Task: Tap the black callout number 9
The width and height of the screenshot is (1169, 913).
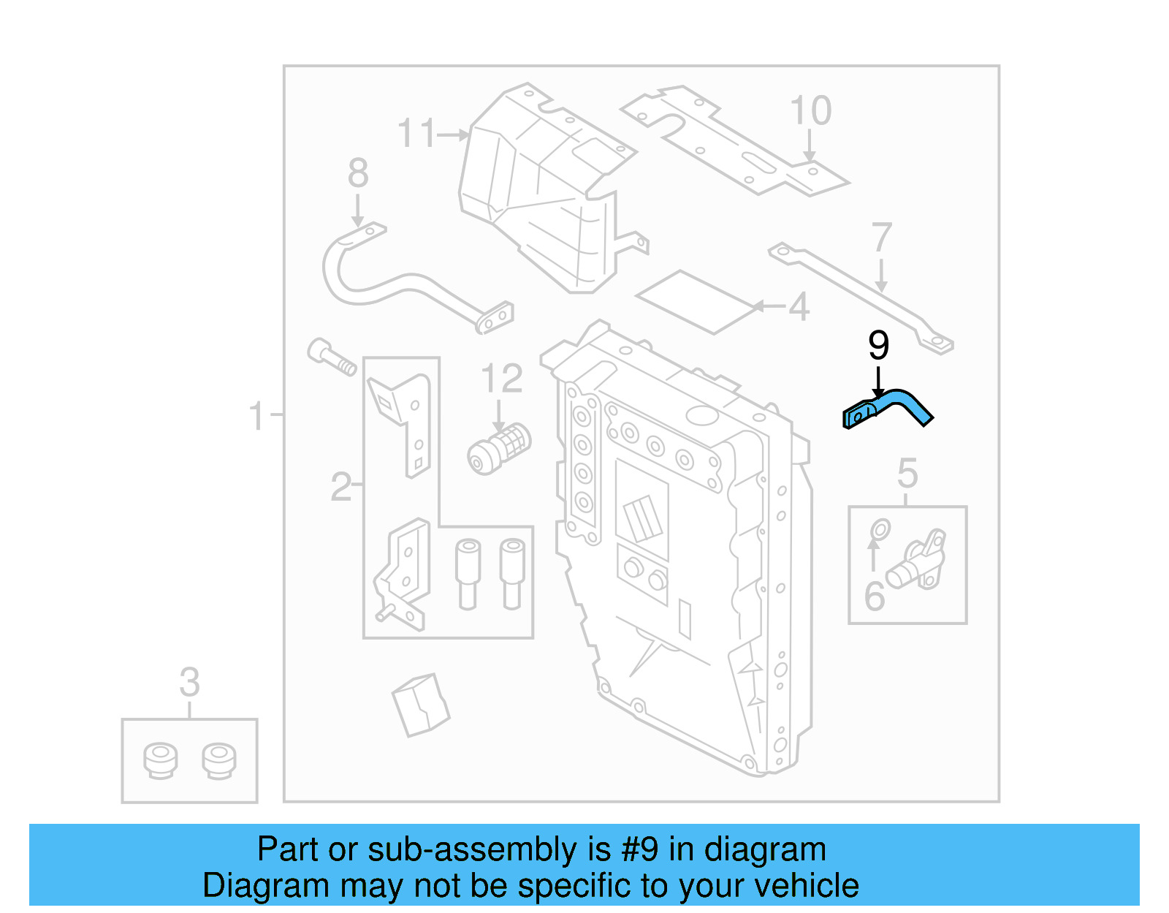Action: (x=878, y=345)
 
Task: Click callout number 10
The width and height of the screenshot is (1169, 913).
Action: (x=810, y=111)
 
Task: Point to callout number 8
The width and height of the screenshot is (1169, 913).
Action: (x=357, y=173)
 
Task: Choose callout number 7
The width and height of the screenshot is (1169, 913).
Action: (x=881, y=238)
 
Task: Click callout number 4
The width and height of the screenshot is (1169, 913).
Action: (x=799, y=306)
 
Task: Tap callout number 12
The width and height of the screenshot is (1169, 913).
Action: (x=501, y=378)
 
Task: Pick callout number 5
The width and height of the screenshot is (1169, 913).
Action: (x=907, y=474)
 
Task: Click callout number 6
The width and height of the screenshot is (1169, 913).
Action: (x=874, y=596)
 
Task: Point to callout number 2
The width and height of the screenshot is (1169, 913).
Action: (x=340, y=486)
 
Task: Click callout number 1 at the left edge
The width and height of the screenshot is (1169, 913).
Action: (x=256, y=416)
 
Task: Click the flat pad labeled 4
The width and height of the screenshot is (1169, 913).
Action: (x=695, y=301)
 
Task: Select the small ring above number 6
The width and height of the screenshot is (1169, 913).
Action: (x=880, y=529)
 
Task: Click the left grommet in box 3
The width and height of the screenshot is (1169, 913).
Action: (x=160, y=760)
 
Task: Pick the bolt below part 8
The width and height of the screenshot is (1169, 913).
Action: (x=332, y=357)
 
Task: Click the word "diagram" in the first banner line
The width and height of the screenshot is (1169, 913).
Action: (x=765, y=850)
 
